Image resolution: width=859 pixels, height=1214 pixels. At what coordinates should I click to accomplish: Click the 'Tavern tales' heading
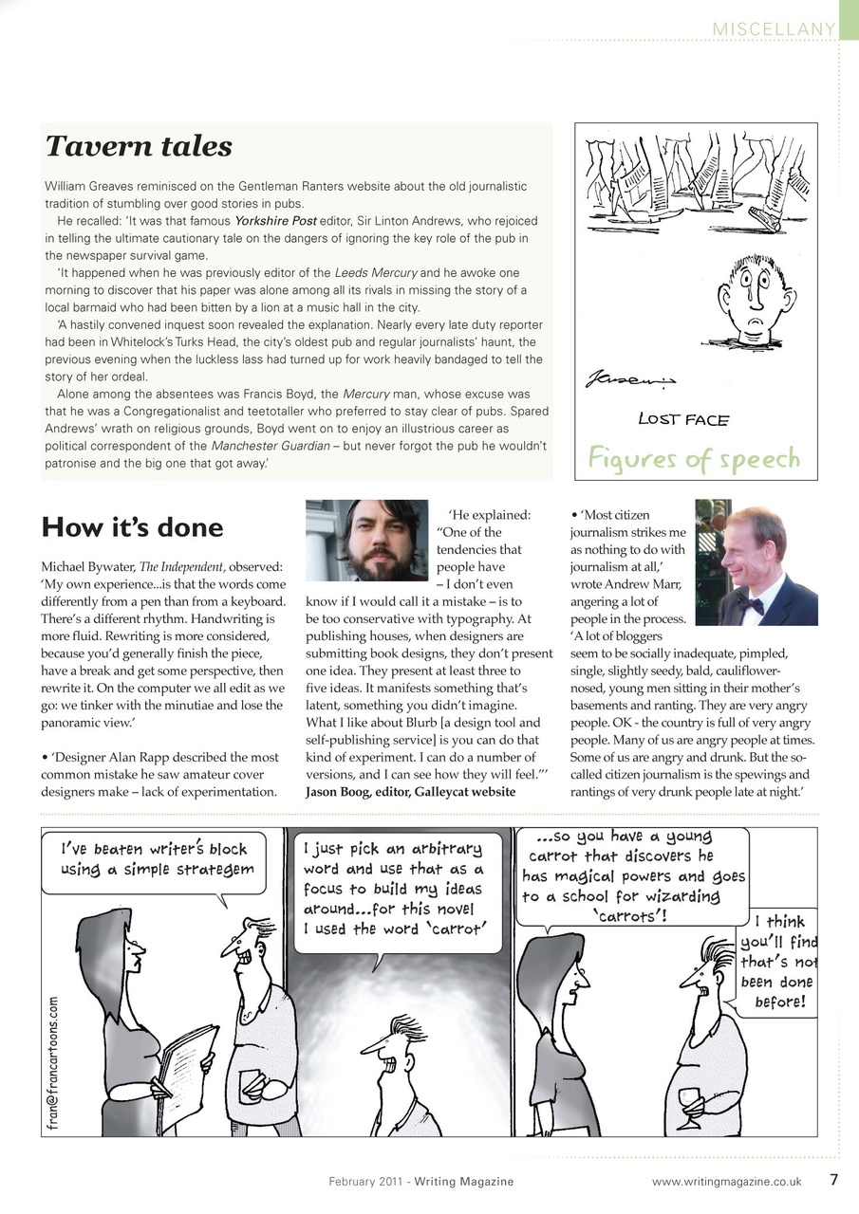point(139,146)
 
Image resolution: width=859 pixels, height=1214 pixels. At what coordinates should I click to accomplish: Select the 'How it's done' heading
point(132,527)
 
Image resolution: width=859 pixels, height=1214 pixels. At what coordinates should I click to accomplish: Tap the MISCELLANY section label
point(774,29)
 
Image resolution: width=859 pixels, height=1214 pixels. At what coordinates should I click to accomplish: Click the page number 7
point(833,1181)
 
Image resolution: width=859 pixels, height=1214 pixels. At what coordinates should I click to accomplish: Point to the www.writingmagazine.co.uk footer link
point(727,1182)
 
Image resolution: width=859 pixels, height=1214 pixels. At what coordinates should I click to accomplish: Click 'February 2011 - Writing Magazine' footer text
point(421,1182)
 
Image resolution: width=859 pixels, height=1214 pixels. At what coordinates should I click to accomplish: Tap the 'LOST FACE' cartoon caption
point(682,418)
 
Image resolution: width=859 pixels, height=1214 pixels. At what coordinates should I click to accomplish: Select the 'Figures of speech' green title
point(694,459)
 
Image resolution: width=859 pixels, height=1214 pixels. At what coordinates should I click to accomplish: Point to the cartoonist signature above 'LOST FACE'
point(629,382)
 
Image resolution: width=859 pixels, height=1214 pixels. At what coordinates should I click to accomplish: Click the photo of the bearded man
point(367,541)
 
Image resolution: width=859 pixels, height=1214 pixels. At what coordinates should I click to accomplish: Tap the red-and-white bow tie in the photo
point(751,603)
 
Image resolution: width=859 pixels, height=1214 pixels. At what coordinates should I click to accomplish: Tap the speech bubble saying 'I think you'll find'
point(780,961)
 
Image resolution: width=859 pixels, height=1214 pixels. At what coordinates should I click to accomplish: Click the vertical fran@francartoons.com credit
point(55,1061)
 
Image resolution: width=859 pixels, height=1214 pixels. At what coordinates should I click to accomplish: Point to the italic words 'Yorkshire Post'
point(275,221)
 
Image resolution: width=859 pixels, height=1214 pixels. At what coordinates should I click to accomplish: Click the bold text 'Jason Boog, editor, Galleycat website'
point(410,792)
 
